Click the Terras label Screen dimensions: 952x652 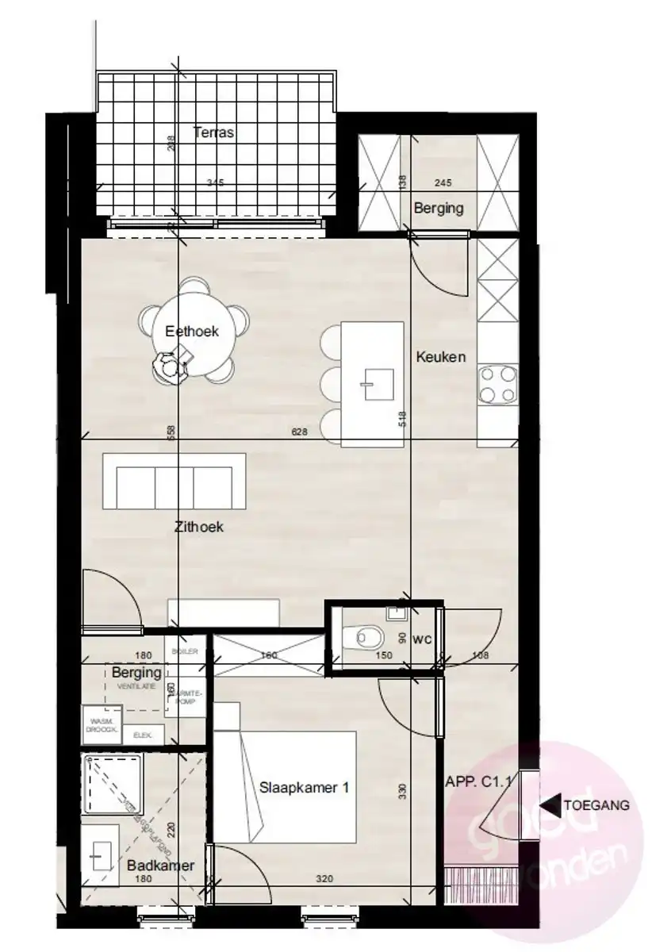point(213,132)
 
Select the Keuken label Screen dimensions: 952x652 point(440,357)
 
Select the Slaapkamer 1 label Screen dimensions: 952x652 point(305,788)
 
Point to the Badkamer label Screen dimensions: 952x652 point(160,866)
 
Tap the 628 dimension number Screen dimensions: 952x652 point(300,432)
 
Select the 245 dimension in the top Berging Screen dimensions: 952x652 point(444,183)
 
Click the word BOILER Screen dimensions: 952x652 point(183,651)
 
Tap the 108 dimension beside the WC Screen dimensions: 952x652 point(479,655)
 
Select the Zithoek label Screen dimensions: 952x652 point(200,525)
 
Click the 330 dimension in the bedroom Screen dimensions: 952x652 point(403,791)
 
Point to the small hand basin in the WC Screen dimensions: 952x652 point(395,612)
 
